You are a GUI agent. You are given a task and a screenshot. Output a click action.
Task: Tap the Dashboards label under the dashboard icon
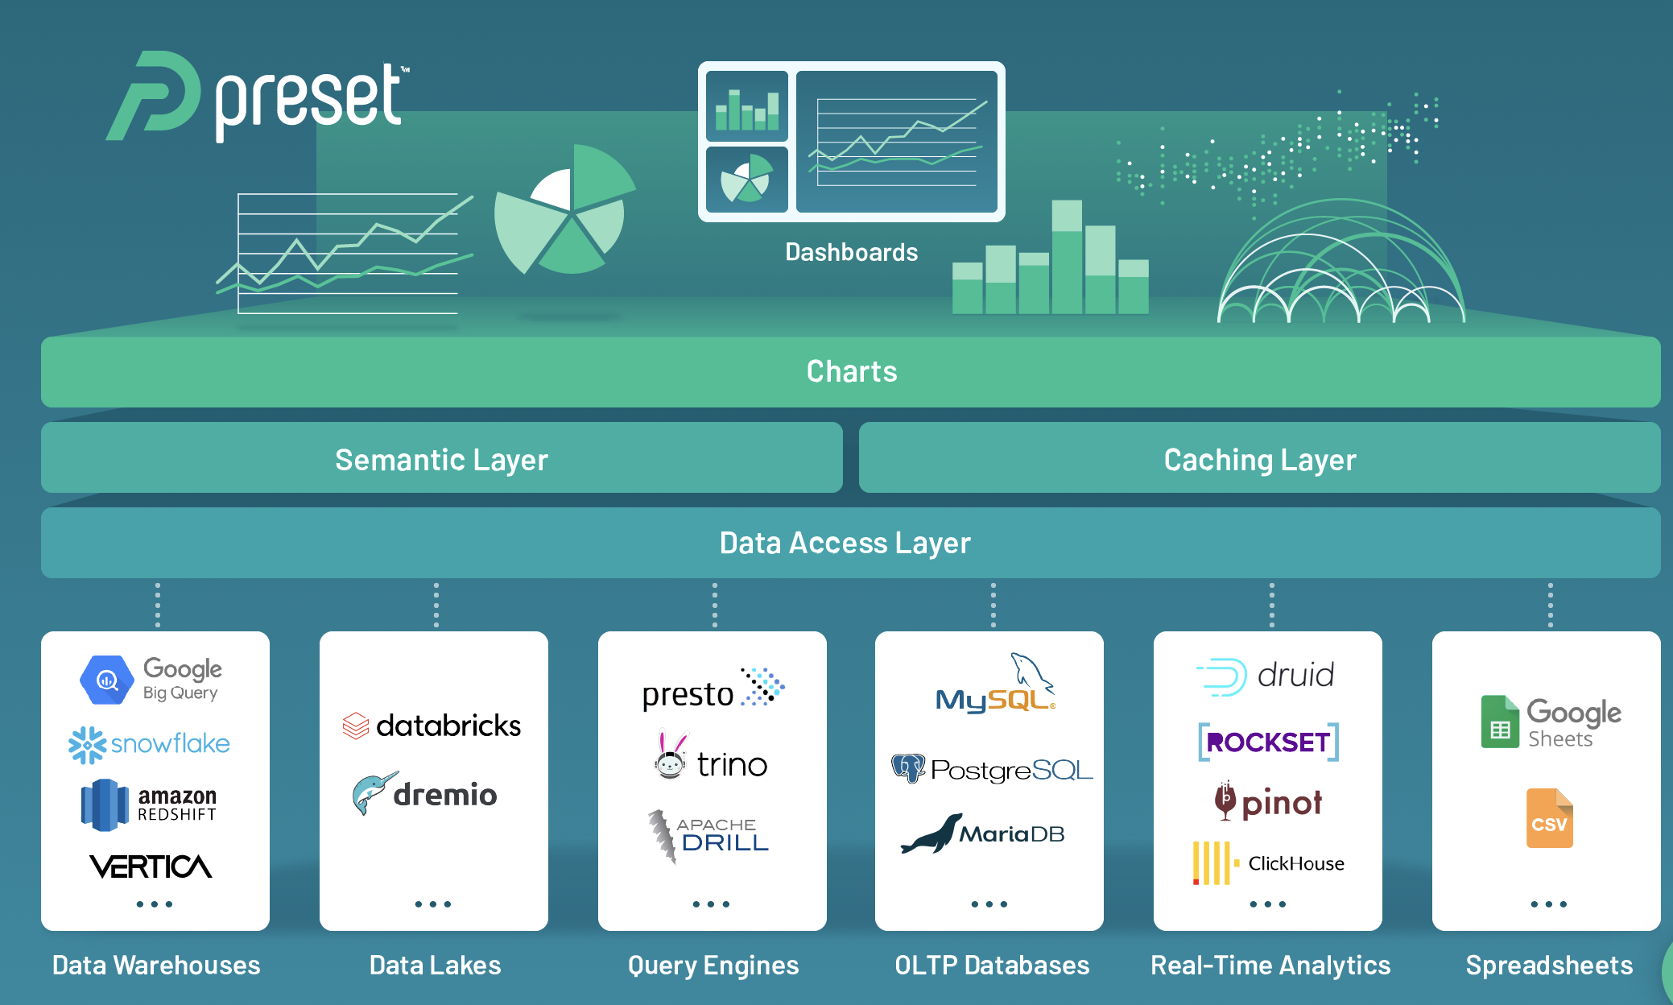click(x=851, y=252)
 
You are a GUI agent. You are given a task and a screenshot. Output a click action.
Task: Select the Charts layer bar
click(x=851, y=371)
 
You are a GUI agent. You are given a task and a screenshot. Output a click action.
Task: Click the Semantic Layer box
click(x=441, y=459)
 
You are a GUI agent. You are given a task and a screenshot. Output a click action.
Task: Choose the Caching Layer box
click(x=1259, y=459)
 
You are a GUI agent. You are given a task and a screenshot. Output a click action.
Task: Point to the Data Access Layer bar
click(x=845, y=543)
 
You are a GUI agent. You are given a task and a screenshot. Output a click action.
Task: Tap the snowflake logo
click(x=150, y=744)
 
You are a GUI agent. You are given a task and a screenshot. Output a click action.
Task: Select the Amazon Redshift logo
click(x=150, y=804)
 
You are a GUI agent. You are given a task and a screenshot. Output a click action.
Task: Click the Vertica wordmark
click(x=151, y=866)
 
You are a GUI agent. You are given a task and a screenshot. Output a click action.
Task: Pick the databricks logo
click(x=432, y=726)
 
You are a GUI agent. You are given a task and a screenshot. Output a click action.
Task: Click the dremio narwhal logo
click(x=425, y=795)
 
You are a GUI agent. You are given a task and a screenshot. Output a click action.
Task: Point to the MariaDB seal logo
click(x=982, y=834)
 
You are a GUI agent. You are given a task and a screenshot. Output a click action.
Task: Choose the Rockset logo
click(x=1268, y=742)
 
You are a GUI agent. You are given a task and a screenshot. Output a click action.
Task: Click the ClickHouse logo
click(x=1268, y=863)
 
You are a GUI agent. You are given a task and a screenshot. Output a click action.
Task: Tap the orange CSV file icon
click(x=1549, y=819)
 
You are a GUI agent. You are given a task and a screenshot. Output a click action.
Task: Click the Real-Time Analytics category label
click(x=1270, y=965)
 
